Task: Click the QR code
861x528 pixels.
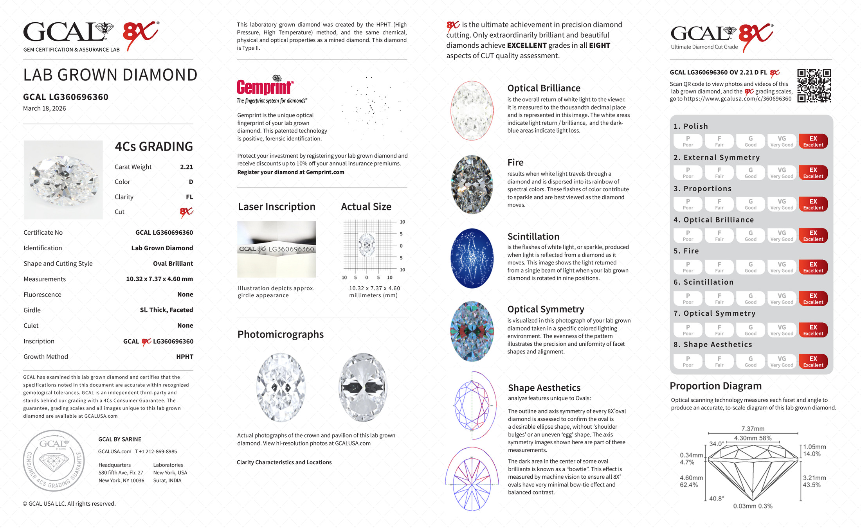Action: (814, 86)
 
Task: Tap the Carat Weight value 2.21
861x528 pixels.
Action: (186, 167)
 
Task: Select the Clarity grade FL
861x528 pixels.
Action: (189, 197)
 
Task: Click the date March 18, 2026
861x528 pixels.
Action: (45, 108)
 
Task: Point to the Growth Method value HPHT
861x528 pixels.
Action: (185, 357)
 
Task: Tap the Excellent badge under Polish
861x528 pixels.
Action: (813, 141)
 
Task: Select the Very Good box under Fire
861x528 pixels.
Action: (782, 267)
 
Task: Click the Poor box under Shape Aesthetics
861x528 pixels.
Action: (688, 361)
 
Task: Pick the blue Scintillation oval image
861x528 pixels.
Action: (472, 258)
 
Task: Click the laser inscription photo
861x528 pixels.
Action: (276, 249)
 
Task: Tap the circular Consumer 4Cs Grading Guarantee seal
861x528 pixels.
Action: (54, 460)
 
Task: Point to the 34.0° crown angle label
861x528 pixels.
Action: (717, 444)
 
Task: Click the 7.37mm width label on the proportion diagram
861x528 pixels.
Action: (753, 429)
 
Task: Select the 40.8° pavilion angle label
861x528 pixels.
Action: (717, 499)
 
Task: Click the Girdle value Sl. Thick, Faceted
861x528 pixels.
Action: (166, 310)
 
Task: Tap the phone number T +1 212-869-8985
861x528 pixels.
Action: (156, 451)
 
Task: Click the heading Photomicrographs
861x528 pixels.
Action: (281, 334)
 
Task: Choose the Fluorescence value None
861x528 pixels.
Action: (185, 295)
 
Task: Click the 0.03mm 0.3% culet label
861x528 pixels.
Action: (753, 506)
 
